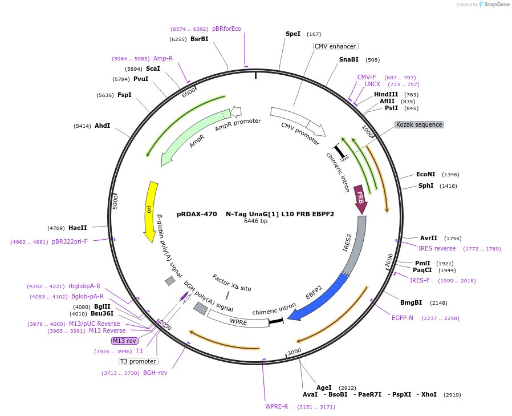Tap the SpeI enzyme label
point(292,34)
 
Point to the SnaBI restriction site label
point(349,59)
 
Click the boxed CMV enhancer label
point(335,47)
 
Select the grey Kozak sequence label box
point(419,124)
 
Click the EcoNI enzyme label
point(425,175)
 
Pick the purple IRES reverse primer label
point(437,248)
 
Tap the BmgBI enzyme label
point(411,302)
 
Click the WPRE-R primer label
point(277,407)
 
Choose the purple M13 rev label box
point(125,341)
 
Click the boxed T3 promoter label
point(138,361)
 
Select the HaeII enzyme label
point(78,228)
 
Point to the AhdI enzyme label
point(103,126)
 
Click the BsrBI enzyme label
point(199,39)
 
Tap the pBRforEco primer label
point(226,29)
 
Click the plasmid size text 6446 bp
point(255,221)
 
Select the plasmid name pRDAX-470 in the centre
point(197,215)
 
